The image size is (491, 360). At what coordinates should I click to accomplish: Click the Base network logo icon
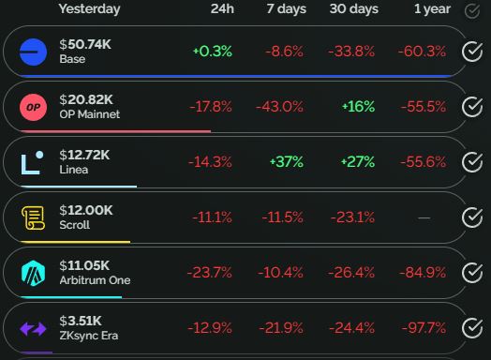pyautogui.click(x=34, y=52)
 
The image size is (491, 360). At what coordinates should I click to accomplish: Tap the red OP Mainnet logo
pyautogui.click(x=34, y=107)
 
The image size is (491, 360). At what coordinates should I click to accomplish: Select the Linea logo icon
pyautogui.click(x=34, y=162)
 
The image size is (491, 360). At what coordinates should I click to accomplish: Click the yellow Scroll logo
pyautogui.click(x=34, y=217)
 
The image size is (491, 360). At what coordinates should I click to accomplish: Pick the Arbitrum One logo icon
pyautogui.click(x=34, y=273)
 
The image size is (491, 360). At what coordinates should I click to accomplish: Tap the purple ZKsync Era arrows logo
pyautogui.click(x=34, y=328)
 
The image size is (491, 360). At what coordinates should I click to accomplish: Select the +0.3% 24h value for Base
pyautogui.click(x=212, y=52)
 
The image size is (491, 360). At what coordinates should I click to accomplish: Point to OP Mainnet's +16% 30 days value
pyautogui.click(x=358, y=107)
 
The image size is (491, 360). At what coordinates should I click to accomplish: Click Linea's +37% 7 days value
pyautogui.click(x=286, y=162)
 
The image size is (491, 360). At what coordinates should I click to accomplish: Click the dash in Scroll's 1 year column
pyautogui.click(x=424, y=217)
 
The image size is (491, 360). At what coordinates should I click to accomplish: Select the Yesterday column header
pyautogui.click(x=89, y=9)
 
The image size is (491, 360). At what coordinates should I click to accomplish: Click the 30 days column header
pyautogui.click(x=353, y=9)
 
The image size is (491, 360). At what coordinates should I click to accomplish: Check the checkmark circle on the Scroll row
pyautogui.click(x=472, y=217)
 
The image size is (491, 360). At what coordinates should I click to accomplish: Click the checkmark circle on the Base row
pyautogui.click(x=472, y=52)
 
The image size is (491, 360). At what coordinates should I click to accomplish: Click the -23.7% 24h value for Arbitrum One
pyautogui.click(x=211, y=273)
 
